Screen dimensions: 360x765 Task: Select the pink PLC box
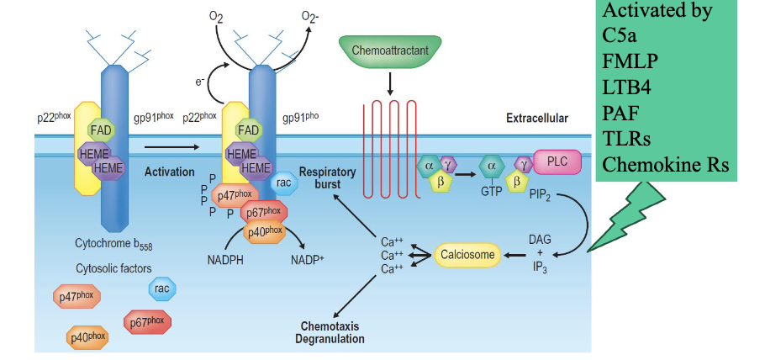click(557, 161)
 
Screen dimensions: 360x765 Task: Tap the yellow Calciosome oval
click(467, 253)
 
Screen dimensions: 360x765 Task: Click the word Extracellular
click(536, 119)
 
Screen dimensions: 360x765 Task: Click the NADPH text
click(227, 260)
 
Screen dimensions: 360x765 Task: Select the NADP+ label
click(308, 260)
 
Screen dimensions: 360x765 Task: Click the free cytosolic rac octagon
click(162, 289)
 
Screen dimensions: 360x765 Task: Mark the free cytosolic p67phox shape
click(147, 321)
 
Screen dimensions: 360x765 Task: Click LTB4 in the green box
click(628, 85)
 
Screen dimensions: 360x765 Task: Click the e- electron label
click(200, 82)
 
